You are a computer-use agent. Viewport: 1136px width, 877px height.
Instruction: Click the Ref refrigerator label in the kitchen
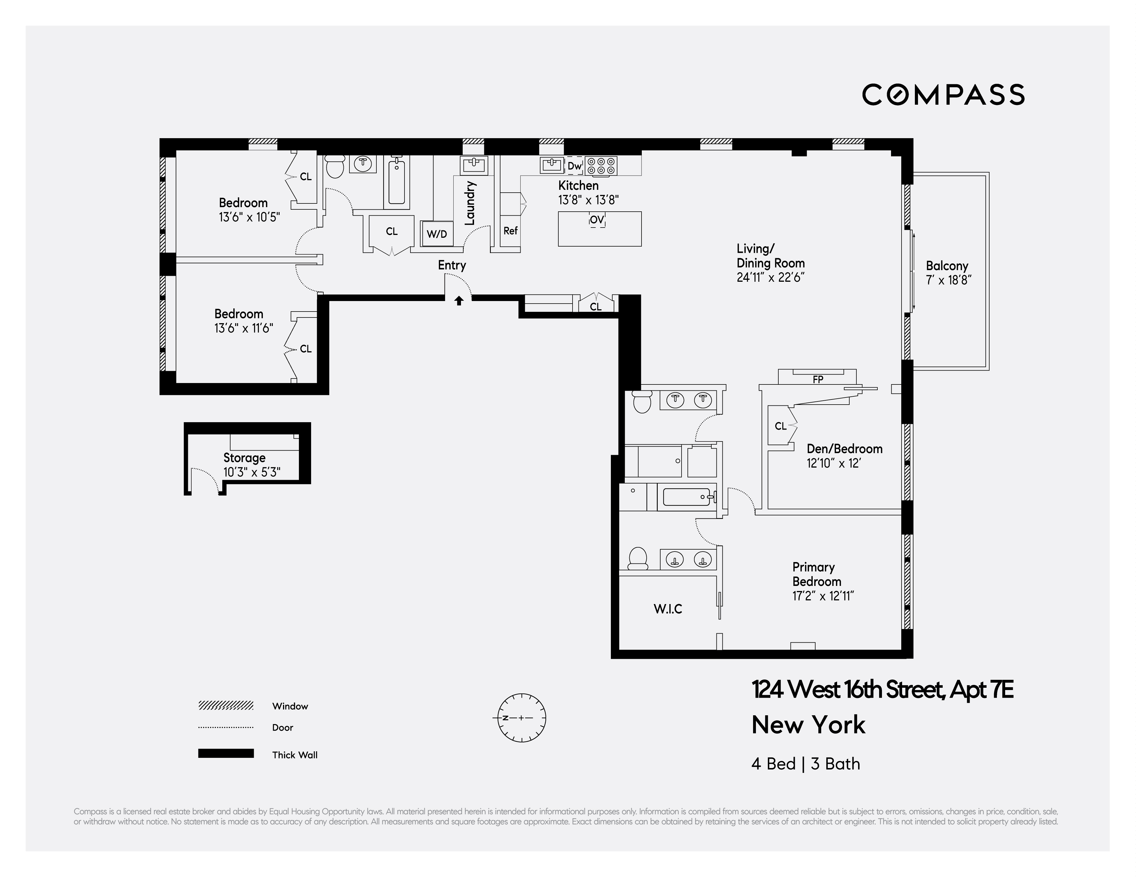(x=510, y=230)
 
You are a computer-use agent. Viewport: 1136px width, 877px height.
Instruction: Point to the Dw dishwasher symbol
(x=574, y=166)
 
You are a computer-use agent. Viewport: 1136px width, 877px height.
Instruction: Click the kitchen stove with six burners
(x=601, y=166)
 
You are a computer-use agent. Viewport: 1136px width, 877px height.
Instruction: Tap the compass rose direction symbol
(x=522, y=718)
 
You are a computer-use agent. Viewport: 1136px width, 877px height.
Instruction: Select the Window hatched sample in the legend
(x=226, y=705)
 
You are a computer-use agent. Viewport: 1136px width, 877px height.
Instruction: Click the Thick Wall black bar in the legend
(x=226, y=753)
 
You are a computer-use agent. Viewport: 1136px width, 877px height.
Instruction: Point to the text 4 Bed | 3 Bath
(x=805, y=764)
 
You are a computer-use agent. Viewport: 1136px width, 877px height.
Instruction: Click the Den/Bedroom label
(x=844, y=449)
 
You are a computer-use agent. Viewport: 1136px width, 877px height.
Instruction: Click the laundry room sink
(x=473, y=165)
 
